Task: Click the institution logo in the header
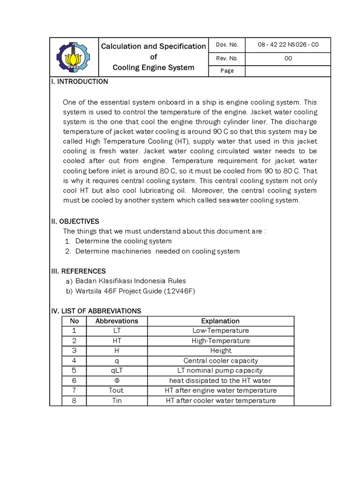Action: click(x=74, y=58)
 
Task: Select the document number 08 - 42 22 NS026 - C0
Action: click(x=288, y=45)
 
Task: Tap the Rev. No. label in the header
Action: click(x=227, y=59)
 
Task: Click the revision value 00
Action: click(x=288, y=59)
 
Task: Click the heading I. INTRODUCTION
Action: click(x=79, y=82)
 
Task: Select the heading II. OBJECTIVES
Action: click(x=75, y=221)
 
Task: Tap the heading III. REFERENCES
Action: click(x=78, y=271)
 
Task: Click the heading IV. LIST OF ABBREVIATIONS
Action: click(x=96, y=311)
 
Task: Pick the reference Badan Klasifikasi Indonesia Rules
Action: click(x=130, y=281)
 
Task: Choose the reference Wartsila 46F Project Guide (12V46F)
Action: click(x=135, y=291)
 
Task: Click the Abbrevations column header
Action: click(x=117, y=321)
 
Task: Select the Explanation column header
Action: click(x=220, y=321)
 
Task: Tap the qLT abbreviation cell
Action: click(x=117, y=370)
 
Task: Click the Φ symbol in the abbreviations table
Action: click(x=117, y=381)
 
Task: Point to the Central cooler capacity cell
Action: click(x=220, y=360)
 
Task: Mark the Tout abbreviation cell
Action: click(x=117, y=390)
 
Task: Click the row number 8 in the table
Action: click(x=74, y=400)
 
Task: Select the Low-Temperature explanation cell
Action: click(x=220, y=331)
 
